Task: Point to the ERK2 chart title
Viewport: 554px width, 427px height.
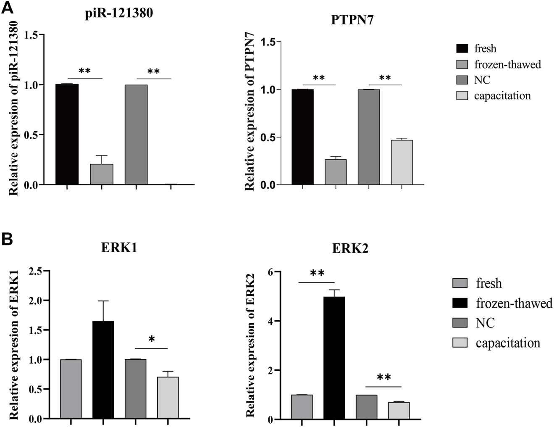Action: click(x=350, y=249)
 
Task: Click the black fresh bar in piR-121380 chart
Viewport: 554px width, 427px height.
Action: click(x=67, y=134)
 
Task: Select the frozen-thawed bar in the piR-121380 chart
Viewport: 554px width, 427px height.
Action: click(x=102, y=174)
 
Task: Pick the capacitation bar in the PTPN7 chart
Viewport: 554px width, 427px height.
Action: click(x=402, y=162)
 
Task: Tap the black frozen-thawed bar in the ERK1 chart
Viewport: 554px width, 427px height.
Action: click(x=103, y=370)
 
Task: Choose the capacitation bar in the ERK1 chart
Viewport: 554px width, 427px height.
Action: click(x=168, y=398)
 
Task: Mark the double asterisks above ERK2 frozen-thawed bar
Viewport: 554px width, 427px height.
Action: click(x=317, y=274)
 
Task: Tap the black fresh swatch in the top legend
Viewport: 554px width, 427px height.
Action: click(x=462, y=48)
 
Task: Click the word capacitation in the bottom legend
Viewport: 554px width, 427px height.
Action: click(x=508, y=343)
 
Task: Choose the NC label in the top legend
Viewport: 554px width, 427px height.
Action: click(x=482, y=80)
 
